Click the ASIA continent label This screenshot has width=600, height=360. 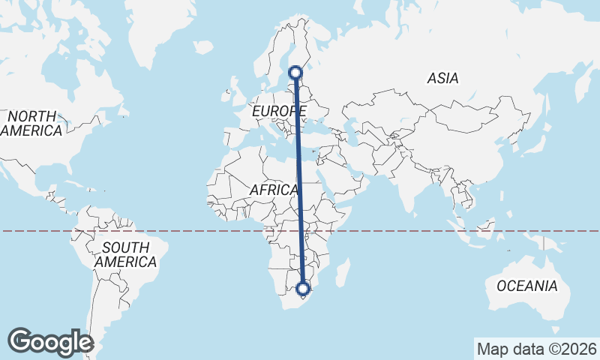tap(442, 78)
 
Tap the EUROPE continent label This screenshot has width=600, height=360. tap(279, 112)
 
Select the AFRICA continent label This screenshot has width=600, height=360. tap(274, 190)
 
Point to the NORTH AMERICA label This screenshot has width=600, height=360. tap(31, 124)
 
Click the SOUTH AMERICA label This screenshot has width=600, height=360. tap(126, 255)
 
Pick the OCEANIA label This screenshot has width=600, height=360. tap(527, 286)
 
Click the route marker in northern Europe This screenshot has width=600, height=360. tap(296, 73)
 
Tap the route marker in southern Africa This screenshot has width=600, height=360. tap(303, 288)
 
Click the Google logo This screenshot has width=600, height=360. tap(50, 342)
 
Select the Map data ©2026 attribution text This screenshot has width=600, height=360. tap(536, 349)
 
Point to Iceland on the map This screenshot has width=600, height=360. tap(202, 47)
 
